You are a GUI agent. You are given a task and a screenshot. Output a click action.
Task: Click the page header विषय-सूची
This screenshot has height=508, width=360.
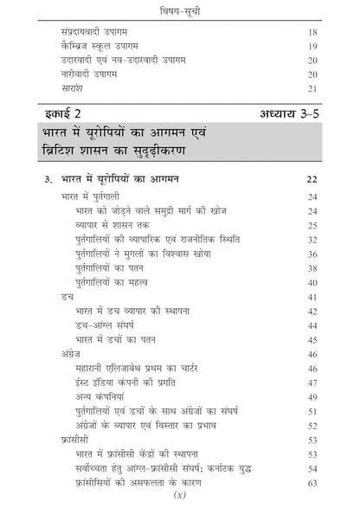point(180,10)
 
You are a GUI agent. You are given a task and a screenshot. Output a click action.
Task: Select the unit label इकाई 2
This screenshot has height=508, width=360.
point(61,113)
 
